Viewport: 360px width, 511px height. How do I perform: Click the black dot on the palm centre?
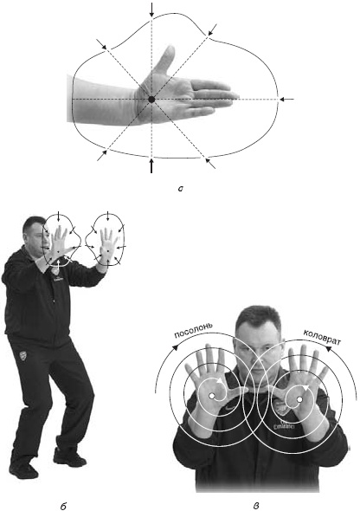[151, 100]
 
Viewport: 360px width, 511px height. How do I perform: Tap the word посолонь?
[194, 331]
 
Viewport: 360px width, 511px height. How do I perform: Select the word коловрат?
[322, 338]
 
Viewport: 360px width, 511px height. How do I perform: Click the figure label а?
[181, 189]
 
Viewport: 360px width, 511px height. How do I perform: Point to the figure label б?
[63, 506]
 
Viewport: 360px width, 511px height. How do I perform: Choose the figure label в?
[256, 506]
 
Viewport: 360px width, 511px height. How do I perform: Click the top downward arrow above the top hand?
[151, 10]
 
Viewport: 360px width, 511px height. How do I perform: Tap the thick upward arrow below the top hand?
[151, 165]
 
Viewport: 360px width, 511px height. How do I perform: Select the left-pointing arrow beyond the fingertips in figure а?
[286, 99]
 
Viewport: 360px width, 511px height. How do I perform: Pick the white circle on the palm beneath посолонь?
[211, 396]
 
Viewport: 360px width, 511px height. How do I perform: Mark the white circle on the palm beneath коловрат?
[299, 399]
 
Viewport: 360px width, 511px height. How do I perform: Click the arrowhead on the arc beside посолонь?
[175, 347]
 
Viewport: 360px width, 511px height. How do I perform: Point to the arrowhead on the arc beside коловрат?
[330, 350]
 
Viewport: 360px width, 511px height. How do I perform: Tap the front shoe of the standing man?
[69, 457]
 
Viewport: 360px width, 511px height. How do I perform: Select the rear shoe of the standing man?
[23, 469]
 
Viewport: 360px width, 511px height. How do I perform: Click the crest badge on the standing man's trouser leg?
[22, 355]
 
